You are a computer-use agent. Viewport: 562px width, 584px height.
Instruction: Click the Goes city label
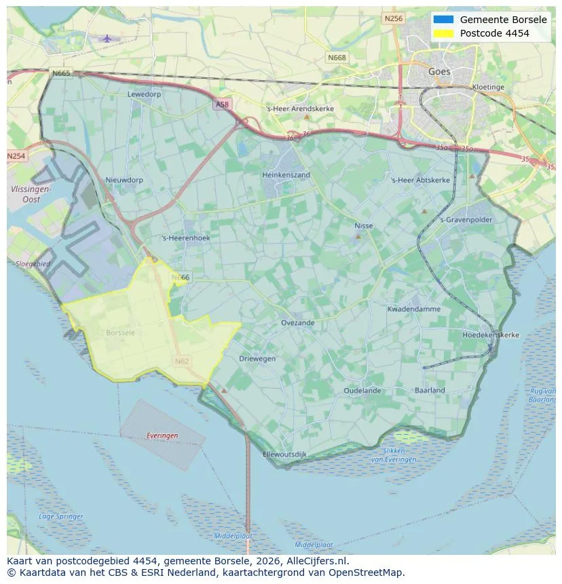coord(439,71)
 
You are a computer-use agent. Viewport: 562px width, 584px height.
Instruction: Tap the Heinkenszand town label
coord(286,175)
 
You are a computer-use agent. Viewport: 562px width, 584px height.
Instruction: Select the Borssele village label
coord(120,333)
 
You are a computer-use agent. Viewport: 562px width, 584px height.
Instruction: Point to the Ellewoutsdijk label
coord(284,454)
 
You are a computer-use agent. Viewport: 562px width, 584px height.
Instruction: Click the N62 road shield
coord(181,362)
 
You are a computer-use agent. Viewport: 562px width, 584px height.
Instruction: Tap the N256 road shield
coord(393,19)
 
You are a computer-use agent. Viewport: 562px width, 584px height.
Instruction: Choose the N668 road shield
coord(336,58)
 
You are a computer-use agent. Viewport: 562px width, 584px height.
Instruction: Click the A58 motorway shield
coord(222,104)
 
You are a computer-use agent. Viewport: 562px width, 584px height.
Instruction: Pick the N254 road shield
coord(16,156)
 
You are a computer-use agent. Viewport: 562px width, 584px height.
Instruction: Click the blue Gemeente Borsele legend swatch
coord(443,20)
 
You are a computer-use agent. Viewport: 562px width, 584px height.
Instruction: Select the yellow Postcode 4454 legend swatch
coord(443,33)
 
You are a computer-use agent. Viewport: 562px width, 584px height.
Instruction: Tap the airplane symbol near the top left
coord(107,39)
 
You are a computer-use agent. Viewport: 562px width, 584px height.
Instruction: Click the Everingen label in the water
coord(162,435)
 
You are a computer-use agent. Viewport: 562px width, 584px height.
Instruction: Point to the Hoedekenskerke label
coord(490,335)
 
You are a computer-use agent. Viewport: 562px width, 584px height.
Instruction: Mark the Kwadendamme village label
coord(413,309)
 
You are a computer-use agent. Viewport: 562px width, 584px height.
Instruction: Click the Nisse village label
coord(364,226)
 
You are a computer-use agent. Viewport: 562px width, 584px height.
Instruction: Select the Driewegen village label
coord(257,358)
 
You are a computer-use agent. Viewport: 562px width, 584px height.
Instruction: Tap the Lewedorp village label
coord(144,94)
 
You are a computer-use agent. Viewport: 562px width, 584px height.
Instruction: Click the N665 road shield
coord(60,73)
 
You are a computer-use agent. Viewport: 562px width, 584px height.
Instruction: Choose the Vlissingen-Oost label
coord(31,195)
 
